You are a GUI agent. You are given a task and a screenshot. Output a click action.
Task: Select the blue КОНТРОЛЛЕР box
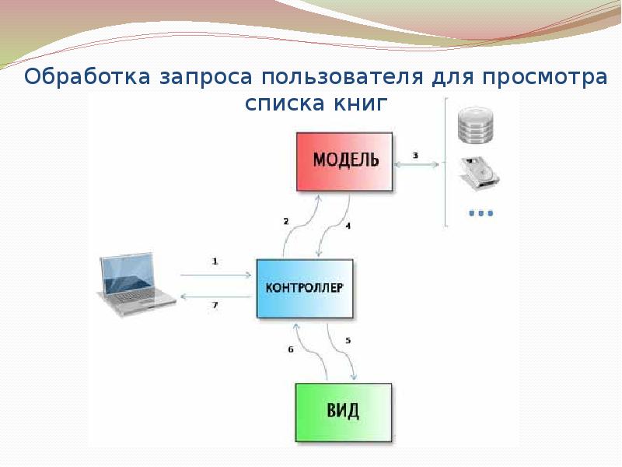tap(304, 287)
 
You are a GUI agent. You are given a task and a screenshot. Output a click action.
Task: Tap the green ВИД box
tap(344, 410)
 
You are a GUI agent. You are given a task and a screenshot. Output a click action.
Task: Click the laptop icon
tap(134, 285)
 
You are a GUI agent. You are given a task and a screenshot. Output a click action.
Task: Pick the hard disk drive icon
tap(478, 172)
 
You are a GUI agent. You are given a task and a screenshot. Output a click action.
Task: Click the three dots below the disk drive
tap(480, 212)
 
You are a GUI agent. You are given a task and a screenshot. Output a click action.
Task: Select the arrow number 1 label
tap(215, 262)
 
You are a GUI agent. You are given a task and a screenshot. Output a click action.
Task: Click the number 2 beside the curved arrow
tap(285, 221)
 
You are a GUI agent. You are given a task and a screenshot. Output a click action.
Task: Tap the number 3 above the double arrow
tap(415, 156)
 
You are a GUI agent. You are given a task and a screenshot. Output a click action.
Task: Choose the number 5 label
tap(348, 340)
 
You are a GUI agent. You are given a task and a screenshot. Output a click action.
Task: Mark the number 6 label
tap(291, 349)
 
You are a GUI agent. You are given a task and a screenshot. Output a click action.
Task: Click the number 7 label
tap(215, 305)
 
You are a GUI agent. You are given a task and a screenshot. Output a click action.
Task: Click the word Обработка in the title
tap(88, 78)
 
